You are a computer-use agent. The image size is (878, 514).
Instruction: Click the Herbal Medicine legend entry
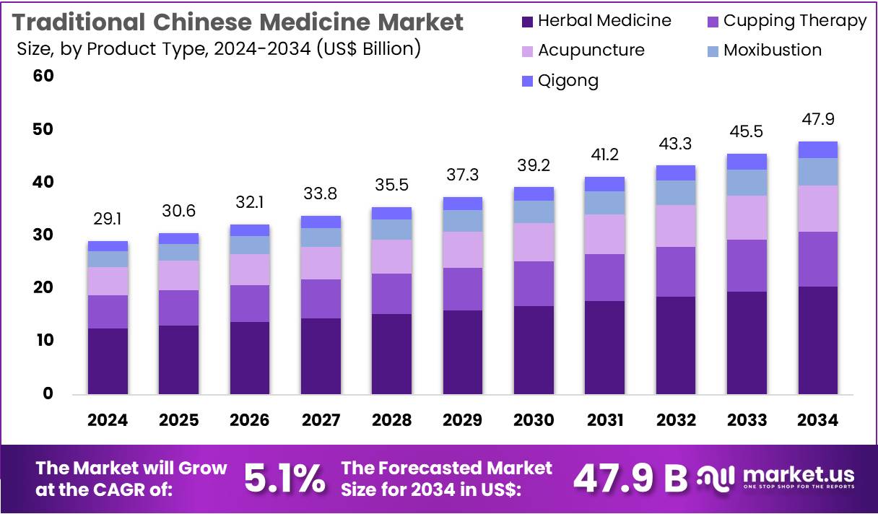click(596, 21)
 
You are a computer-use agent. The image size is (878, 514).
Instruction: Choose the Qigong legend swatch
click(526, 81)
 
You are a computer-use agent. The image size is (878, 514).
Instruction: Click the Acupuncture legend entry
click(581, 51)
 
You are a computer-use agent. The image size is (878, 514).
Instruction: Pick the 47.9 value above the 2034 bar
click(817, 120)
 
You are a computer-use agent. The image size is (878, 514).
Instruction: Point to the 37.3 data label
click(462, 175)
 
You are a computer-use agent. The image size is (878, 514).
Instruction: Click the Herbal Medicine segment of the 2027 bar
click(321, 356)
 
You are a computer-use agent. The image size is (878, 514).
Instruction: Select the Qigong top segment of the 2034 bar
click(817, 149)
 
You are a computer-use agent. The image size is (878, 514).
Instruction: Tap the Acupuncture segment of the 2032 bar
click(675, 226)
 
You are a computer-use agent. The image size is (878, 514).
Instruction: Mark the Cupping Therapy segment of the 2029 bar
click(462, 289)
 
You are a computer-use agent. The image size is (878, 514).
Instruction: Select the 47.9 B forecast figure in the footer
click(630, 478)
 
